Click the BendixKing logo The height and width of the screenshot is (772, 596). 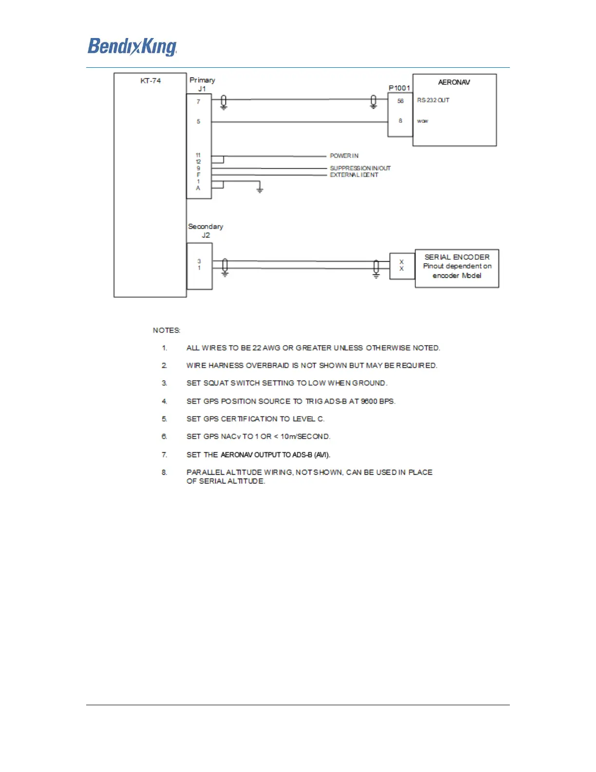click(132, 47)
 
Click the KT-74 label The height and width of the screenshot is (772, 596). click(150, 81)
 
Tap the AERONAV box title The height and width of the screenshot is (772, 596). click(454, 82)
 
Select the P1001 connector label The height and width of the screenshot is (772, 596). click(399, 88)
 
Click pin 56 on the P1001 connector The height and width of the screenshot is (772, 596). click(400, 101)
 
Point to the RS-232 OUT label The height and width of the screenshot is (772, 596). click(433, 100)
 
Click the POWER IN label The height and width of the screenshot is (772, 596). click(344, 156)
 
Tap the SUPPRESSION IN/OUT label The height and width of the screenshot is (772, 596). click(360, 168)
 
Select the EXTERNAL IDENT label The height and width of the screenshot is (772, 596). click(354, 175)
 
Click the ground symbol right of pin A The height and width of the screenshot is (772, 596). click(260, 189)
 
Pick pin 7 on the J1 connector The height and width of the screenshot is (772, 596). click(198, 102)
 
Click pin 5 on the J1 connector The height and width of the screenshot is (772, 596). click(198, 121)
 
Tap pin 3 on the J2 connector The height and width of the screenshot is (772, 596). click(199, 261)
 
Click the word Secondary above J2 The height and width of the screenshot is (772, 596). click(205, 227)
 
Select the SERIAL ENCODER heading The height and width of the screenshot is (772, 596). click(457, 257)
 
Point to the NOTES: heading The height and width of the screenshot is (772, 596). click(167, 330)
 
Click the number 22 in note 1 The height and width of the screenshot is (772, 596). click(257, 348)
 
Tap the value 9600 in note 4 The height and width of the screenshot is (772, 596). click(369, 402)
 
